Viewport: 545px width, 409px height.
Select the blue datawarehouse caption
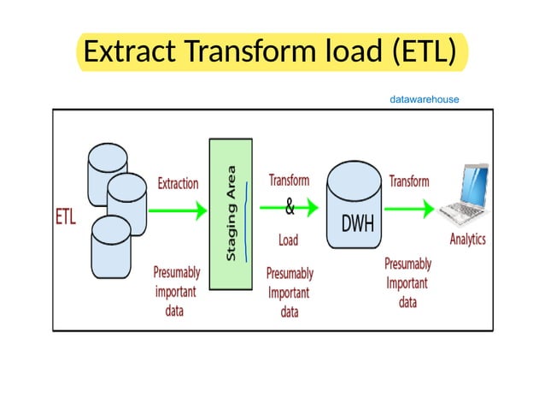424,99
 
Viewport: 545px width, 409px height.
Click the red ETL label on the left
66,216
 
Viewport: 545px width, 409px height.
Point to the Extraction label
178,183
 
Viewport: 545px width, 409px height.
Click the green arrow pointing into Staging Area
179,207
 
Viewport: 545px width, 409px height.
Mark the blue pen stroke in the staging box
246,220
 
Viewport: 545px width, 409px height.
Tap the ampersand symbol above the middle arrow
289,207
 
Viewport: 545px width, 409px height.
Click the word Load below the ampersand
289,240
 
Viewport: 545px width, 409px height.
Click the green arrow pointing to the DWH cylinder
302,207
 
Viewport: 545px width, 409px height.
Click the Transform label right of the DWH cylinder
409,181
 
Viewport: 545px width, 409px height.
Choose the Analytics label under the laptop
467,239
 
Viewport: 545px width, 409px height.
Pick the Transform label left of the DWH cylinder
290,181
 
